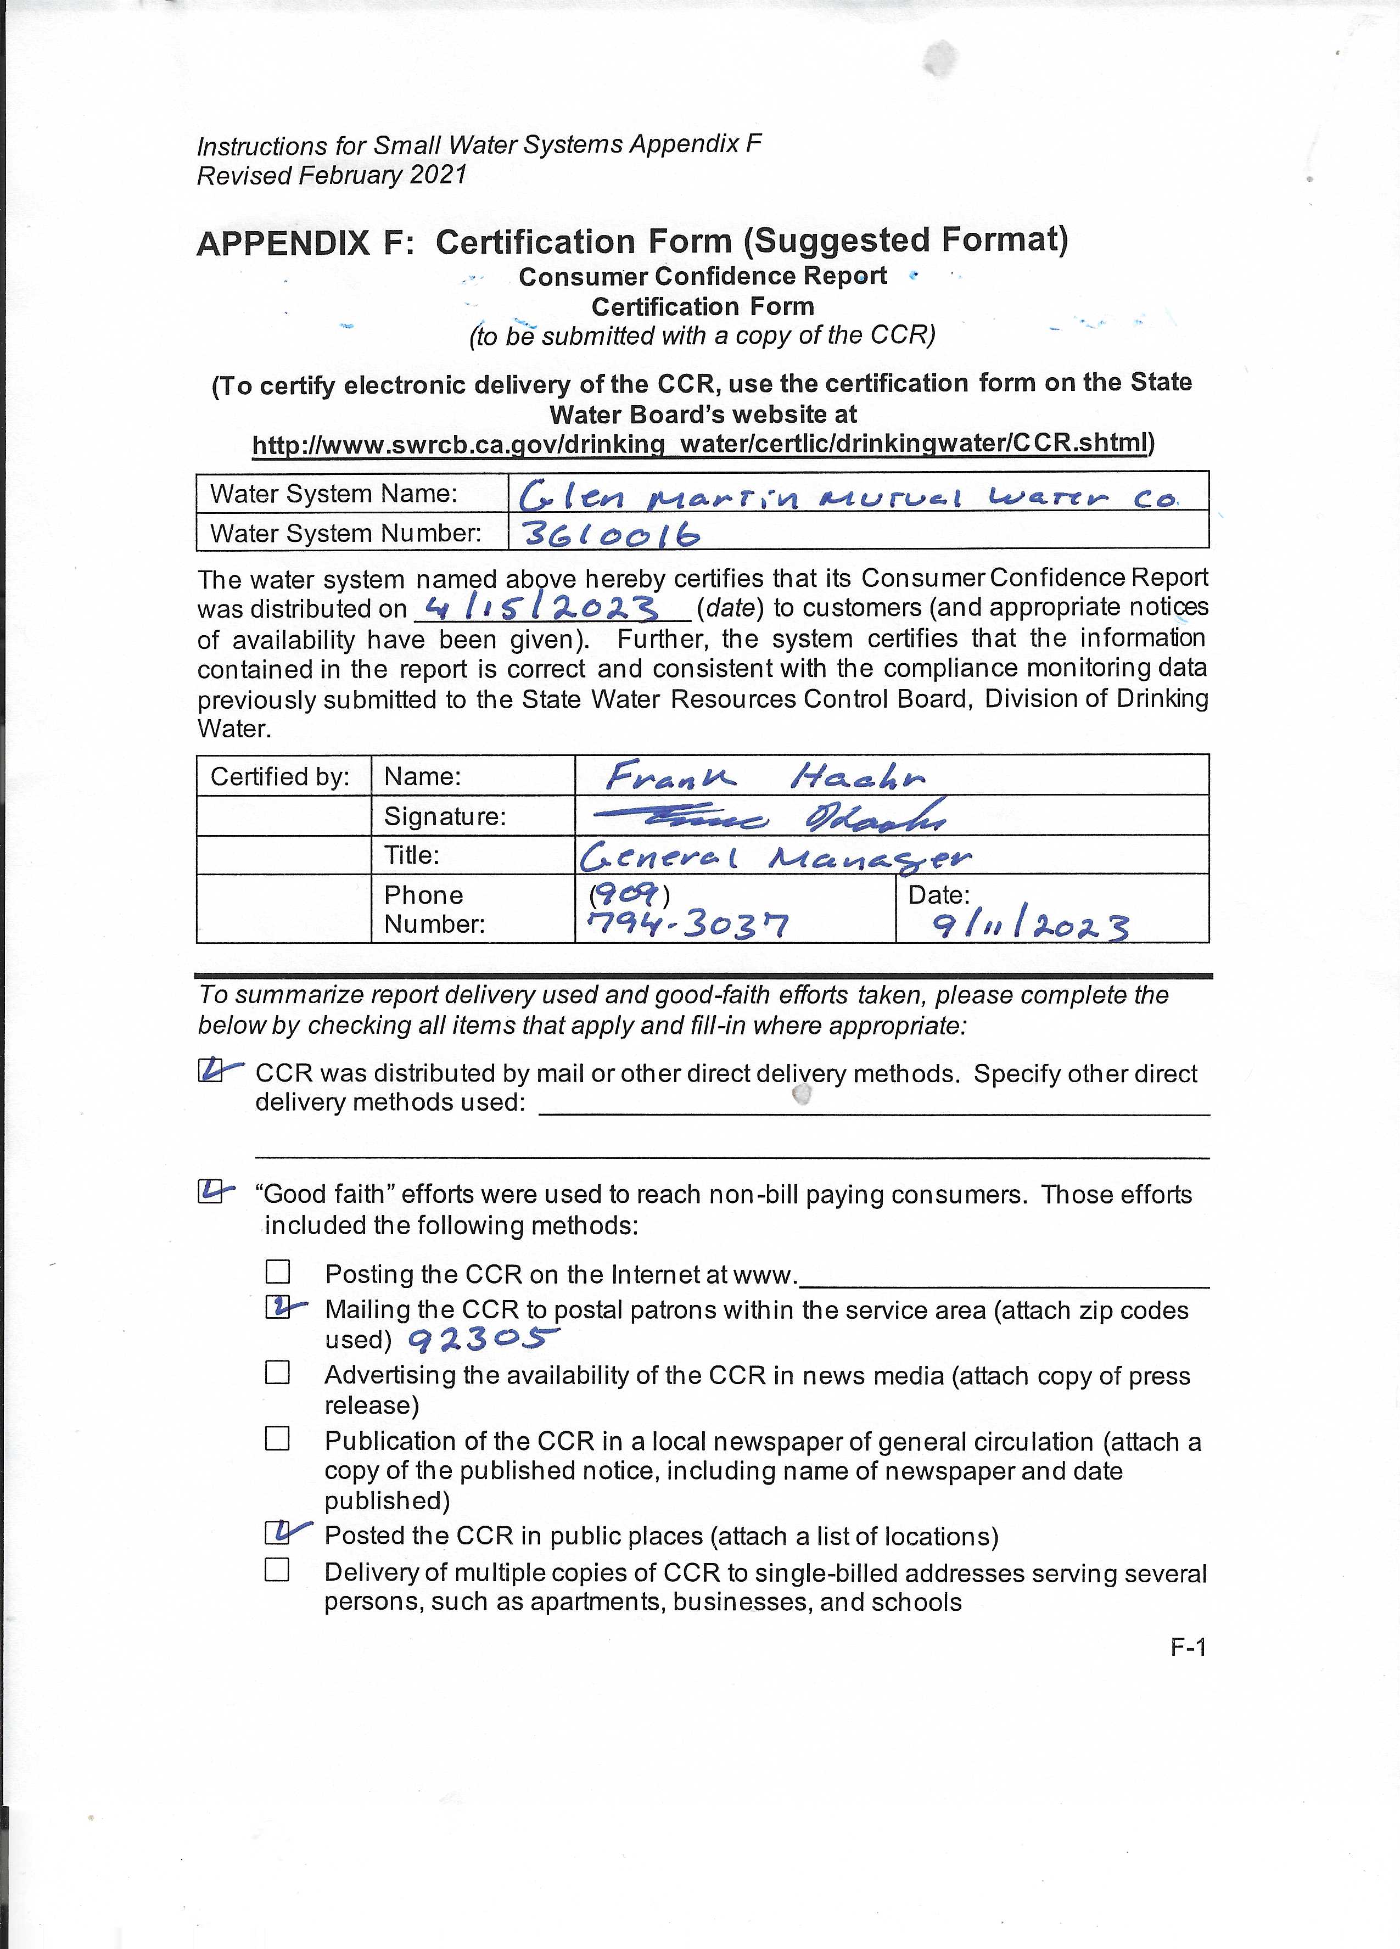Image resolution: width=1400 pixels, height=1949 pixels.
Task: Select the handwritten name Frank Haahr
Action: (765, 777)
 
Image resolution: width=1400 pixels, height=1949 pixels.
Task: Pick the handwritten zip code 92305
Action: (482, 1338)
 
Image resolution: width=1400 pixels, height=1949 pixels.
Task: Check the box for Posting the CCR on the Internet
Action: (277, 1272)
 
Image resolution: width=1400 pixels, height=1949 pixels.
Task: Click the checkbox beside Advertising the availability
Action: (277, 1373)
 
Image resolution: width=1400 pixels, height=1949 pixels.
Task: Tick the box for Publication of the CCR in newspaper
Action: (277, 1438)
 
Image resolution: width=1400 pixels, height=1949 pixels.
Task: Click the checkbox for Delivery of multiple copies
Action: (277, 1570)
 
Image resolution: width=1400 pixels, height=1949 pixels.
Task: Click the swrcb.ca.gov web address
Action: (701, 444)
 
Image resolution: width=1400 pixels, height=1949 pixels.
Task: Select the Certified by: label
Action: (280, 777)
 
